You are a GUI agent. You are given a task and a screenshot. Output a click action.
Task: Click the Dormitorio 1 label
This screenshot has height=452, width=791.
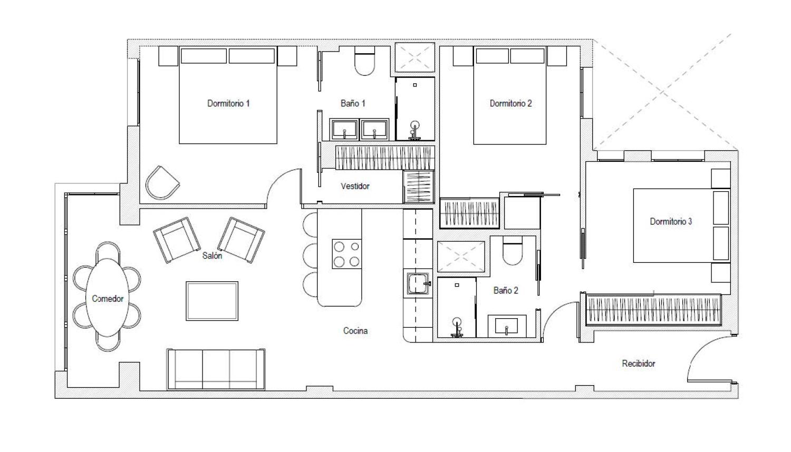coord(228,103)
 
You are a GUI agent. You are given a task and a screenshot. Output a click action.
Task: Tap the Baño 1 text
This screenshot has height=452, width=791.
coord(353,103)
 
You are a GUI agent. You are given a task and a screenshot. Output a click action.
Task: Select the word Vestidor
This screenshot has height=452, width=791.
coord(355,186)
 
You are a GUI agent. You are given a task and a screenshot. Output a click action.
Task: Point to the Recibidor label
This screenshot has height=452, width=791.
coord(639,363)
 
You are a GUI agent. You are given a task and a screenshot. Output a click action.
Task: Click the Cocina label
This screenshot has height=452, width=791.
coord(355,331)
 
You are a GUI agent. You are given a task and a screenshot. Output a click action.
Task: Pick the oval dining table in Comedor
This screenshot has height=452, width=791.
coord(108,298)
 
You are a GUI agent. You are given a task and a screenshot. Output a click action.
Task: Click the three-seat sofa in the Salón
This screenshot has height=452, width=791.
coord(216,369)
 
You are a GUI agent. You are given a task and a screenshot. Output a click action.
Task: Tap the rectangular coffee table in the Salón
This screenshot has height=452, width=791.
coord(212,301)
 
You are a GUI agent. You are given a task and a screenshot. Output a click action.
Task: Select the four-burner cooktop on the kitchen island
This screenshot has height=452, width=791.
coord(347,254)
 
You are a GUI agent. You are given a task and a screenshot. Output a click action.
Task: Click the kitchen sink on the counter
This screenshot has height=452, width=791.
coord(418,283)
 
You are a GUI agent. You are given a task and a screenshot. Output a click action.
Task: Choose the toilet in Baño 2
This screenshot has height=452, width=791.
coord(513,251)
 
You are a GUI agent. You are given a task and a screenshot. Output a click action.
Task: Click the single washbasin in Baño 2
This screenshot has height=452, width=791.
coord(507,326)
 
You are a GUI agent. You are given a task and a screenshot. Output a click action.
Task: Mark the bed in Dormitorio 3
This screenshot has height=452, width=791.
coord(681,225)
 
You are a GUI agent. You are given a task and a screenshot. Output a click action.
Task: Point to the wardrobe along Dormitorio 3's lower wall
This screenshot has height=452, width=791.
coord(653,309)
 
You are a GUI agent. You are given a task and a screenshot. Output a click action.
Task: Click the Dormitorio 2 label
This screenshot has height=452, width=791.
coord(510,103)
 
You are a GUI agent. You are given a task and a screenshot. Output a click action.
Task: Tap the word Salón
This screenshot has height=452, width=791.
coord(212,256)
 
